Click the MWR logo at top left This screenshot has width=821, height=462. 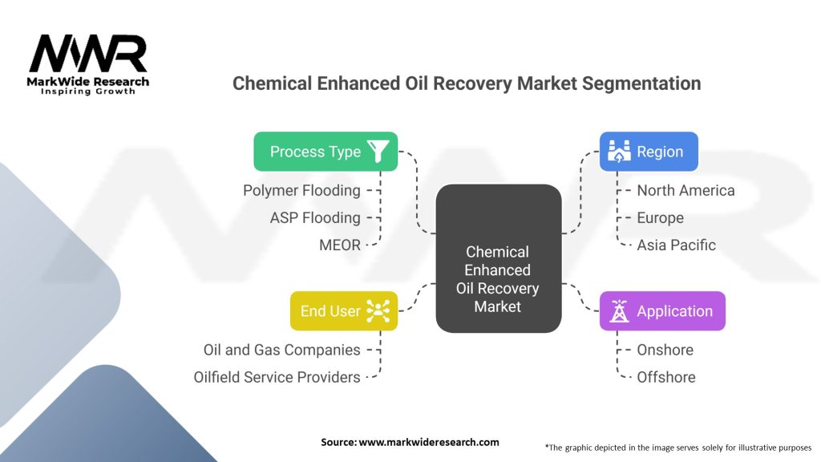click(88, 54)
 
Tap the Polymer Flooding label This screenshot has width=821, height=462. click(301, 190)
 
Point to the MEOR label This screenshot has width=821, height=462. click(339, 245)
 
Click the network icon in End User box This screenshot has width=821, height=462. click(378, 311)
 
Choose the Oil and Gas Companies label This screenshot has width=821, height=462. click(281, 350)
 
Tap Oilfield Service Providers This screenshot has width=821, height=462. click(277, 377)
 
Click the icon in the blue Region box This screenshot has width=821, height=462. click(618, 151)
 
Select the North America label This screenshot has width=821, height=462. click(686, 190)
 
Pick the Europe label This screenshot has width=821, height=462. click(660, 217)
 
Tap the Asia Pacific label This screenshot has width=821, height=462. click(676, 245)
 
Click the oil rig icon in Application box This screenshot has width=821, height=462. click(618, 311)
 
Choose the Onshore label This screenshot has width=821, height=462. click(665, 350)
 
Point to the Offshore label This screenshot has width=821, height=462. click(665, 377)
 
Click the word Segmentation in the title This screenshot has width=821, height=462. click(639, 83)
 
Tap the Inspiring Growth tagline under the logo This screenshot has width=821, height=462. click(88, 92)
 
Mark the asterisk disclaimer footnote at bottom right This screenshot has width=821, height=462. click(677, 447)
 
